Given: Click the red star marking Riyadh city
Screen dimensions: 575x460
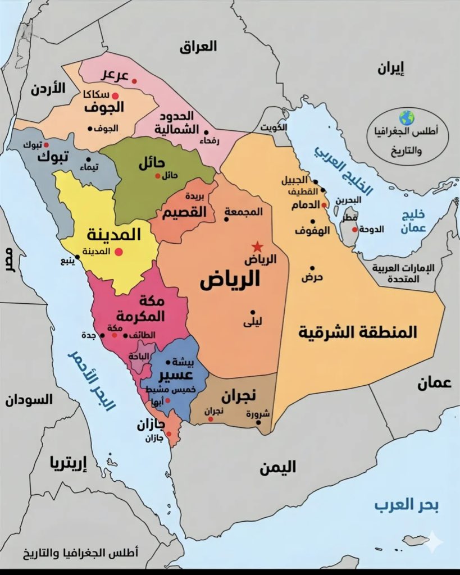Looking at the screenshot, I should [x=257, y=246].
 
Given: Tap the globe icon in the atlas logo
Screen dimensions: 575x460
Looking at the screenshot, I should [x=406, y=118].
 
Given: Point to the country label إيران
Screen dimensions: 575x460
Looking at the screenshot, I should [x=391, y=69].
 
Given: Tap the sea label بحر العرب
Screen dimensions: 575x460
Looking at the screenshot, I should [x=407, y=505].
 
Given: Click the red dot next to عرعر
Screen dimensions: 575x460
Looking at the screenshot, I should [x=134, y=81].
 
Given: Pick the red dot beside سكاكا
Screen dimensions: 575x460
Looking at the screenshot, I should [x=115, y=96].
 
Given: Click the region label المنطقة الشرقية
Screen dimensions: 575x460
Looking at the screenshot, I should [x=357, y=332].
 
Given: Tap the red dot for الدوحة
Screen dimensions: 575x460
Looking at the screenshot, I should [x=354, y=229].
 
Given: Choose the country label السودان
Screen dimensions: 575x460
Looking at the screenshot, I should [x=29, y=400].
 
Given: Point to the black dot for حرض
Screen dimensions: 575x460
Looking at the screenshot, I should [x=312, y=268].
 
